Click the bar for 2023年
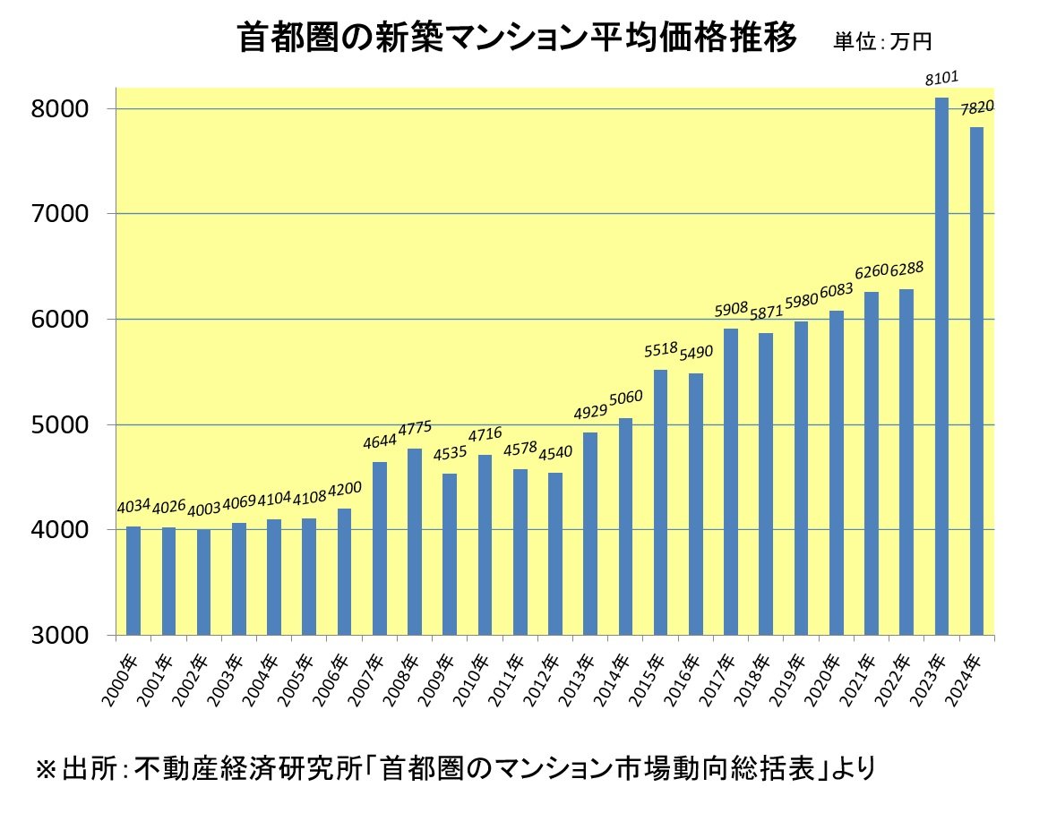tap(941, 367)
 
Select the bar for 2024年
tap(976, 381)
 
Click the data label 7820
tap(977, 108)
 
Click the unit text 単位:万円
tap(883, 41)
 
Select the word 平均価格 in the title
tap(658, 39)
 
